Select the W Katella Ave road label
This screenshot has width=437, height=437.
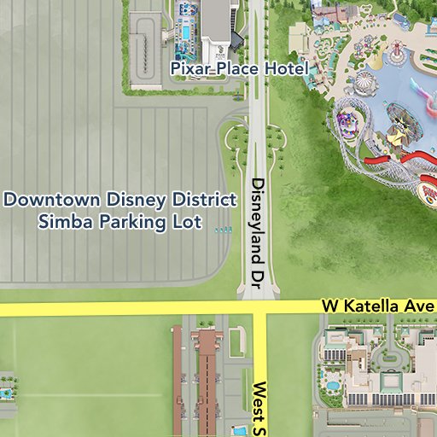click(x=378, y=306)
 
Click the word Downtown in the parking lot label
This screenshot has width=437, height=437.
click(x=53, y=201)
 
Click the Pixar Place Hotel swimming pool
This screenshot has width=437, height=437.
click(x=184, y=32)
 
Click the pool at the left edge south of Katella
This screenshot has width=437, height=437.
click(x=6, y=393)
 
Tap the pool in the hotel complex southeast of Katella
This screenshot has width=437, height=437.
click(x=331, y=386)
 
